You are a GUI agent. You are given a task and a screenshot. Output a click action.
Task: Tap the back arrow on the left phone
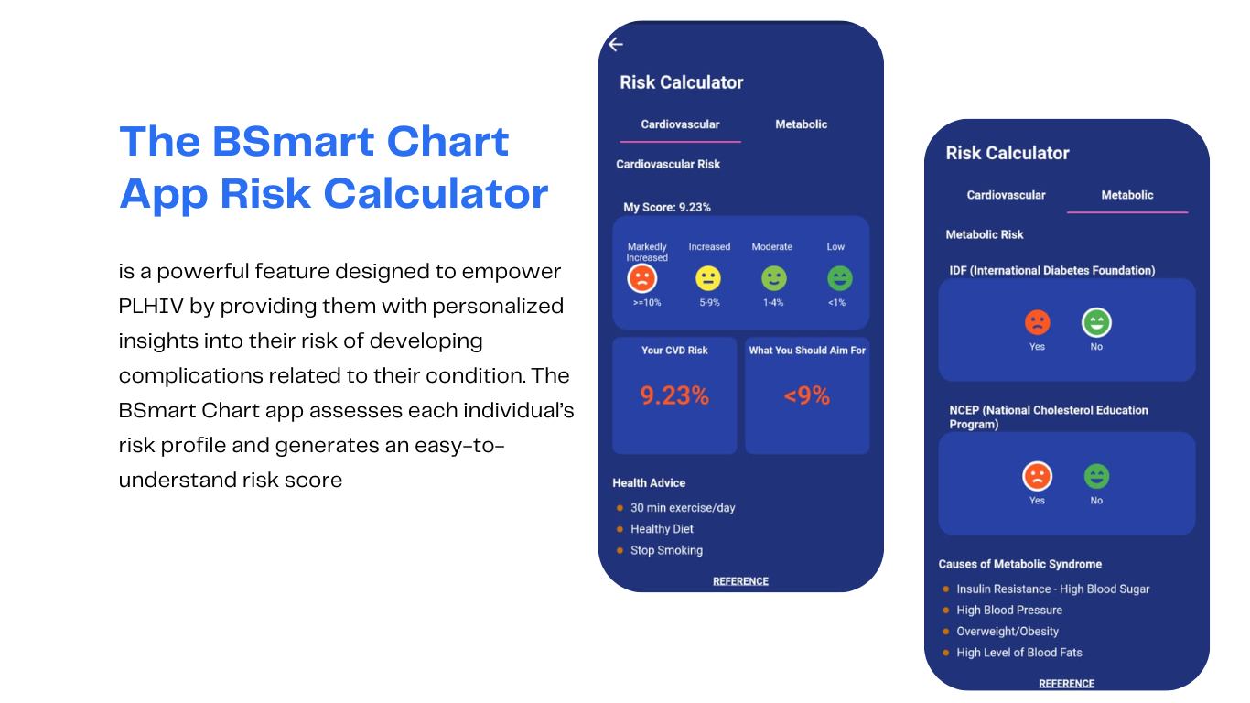(616, 44)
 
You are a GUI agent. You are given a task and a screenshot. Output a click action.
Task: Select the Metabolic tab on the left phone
(801, 124)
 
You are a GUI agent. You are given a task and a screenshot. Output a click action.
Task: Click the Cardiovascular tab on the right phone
(1006, 195)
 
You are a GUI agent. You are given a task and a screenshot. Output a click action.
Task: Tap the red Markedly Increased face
(641, 278)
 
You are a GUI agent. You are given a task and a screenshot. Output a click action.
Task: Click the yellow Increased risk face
(708, 278)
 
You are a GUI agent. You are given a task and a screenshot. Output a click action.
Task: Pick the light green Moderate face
(774, 278)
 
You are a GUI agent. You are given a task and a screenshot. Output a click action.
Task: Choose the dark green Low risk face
(840, 278)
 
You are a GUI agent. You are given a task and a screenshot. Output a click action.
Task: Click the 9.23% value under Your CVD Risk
(674, 395)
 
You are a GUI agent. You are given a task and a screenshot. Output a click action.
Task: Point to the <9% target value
(807, 395)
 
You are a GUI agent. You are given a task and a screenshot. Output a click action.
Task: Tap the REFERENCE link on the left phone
(740, 581)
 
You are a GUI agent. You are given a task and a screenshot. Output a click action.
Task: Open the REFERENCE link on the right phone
(1066, 684)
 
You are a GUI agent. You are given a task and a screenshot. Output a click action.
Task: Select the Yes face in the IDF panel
(1038, 322)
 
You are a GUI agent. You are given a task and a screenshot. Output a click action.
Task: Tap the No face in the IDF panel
(1096, 323)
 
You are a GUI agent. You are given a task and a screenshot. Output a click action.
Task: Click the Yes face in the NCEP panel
(1038, 476)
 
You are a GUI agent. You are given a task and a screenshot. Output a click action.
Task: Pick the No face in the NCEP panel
(1096, 476)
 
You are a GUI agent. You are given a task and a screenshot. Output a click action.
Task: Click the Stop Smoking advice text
(666, 550)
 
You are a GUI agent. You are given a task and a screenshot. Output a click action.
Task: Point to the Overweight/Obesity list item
(1008, 632)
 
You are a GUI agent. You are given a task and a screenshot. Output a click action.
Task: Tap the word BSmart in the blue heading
(294, 141)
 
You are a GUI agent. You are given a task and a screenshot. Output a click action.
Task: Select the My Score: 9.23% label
(667, 207)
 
